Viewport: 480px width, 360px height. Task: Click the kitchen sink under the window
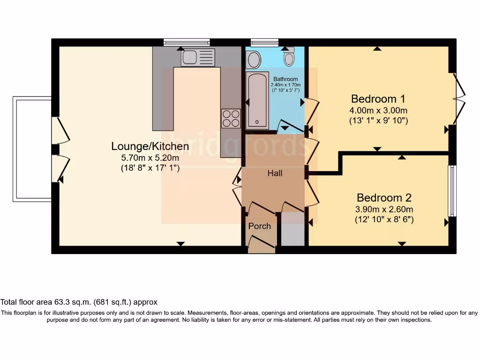198,57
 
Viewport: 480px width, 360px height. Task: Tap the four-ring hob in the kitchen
231,118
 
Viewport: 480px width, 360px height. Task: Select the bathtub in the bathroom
257,100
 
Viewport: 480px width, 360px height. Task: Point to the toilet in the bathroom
289,58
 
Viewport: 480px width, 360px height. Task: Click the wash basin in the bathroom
254,60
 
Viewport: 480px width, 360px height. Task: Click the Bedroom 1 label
378,99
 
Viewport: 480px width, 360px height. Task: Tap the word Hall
275,173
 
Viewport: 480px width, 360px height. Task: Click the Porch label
259,226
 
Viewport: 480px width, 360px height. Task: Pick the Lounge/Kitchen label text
150,146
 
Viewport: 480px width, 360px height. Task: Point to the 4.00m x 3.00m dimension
378,111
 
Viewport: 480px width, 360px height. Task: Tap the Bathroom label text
285,79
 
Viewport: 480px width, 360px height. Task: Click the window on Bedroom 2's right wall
452,190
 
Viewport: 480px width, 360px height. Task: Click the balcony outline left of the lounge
31,149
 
